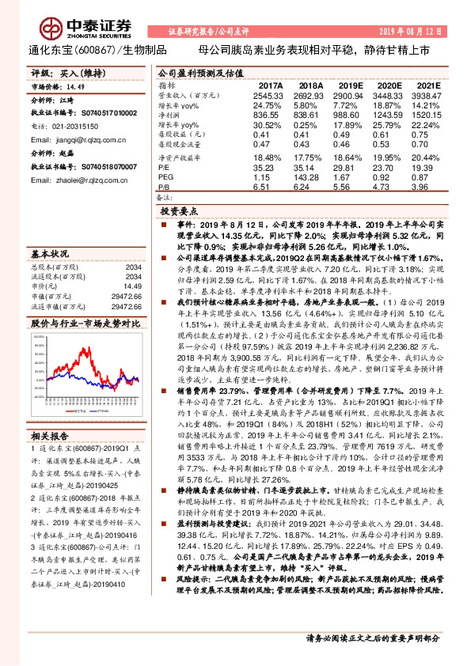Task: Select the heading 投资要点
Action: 178,212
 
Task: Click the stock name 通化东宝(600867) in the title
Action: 56,49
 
